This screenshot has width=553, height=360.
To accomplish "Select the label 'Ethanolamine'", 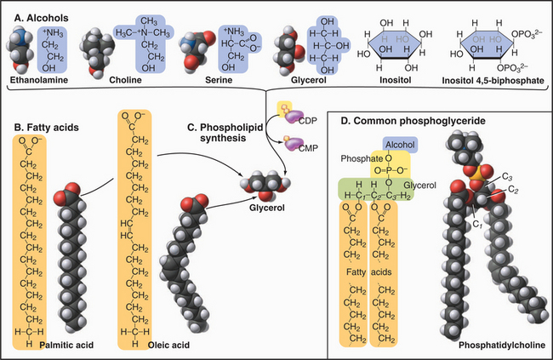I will (35, 83).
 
